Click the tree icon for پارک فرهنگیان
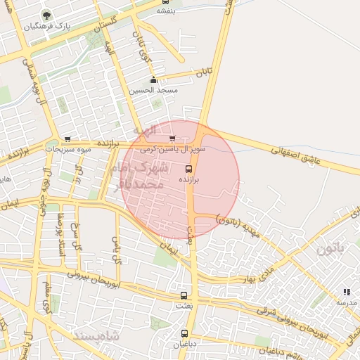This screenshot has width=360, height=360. (x=46, y=15)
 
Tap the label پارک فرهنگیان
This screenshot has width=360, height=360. (x=46, y=27)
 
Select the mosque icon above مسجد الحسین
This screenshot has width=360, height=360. (x=153, y=80)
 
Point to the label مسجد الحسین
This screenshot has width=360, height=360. (x=153, y=91)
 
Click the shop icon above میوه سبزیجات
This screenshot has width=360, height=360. (x=67, y=139)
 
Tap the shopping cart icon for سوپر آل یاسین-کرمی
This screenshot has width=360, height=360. (x=172, y=139)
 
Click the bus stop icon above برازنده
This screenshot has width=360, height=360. (x=188, y=169)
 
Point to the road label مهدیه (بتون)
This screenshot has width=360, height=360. (x=238, y=223)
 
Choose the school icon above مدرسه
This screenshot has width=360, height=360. (x=346, y=291)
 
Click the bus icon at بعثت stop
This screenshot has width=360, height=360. (x=184, y=295)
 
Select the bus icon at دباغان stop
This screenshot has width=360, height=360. (x=184, y=333)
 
